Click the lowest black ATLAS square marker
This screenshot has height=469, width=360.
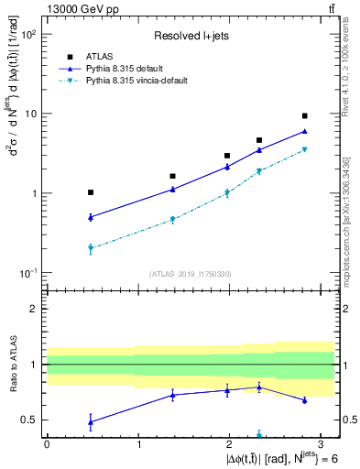coord(90,192)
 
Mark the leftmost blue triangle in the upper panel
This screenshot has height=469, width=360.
coord(90,217)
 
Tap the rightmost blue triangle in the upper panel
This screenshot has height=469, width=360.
coord(304,131)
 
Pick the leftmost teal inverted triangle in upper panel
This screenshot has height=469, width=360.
coord(90,248)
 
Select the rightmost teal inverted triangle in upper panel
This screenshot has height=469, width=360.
coord(304,149)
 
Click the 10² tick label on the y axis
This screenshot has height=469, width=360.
coord(27,34)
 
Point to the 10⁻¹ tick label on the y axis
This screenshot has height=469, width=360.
coord(27,274)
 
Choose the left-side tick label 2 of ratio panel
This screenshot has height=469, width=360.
coord(34,309)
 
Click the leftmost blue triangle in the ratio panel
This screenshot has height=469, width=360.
coord(90,421)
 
